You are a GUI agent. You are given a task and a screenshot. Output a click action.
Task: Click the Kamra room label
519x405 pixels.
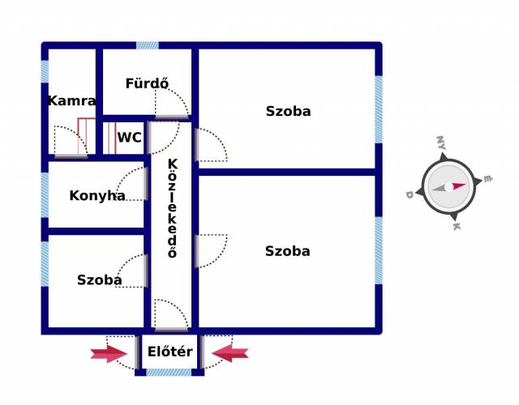tap(71, 101)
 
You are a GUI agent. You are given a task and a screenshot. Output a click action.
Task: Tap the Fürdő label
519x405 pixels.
tap(147, 83)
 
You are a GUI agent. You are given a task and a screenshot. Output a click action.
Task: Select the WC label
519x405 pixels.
tap(129, 138)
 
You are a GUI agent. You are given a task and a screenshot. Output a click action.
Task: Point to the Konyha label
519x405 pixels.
tap(97, 195)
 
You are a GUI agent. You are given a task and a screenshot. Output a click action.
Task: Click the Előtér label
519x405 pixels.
tap(170, 352)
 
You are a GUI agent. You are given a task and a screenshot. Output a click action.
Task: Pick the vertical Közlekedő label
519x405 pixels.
tap(173, 208)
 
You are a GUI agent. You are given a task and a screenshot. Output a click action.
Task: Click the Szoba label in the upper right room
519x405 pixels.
tap(288, 111)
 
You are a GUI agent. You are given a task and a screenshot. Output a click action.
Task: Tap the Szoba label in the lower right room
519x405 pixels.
tap(287, 251)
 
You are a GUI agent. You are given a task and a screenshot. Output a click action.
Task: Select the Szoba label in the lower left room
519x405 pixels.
tap(100, 279)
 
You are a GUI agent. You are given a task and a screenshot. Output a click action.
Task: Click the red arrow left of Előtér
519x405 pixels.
tap(109, 353)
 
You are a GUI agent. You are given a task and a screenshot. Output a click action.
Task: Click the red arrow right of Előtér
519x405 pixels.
tap(230, 352)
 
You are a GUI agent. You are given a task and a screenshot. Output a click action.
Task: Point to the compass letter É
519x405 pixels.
tap(487, 179)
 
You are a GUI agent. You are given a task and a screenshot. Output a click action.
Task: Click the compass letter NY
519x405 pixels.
tap(441, 143)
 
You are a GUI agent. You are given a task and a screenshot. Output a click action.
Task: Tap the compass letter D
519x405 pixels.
tap(410, 194)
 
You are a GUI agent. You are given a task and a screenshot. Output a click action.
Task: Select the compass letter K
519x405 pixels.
tap(457, 227)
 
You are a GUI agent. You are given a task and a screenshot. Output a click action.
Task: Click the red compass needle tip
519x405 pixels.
tap(465, 185)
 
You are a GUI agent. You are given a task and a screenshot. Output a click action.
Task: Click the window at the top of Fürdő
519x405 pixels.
tap(148, 45)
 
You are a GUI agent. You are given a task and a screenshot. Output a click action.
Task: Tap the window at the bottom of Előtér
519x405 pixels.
tap(169, 373)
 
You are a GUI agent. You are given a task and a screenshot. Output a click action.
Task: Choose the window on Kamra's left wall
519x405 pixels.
tap(45, 71)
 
